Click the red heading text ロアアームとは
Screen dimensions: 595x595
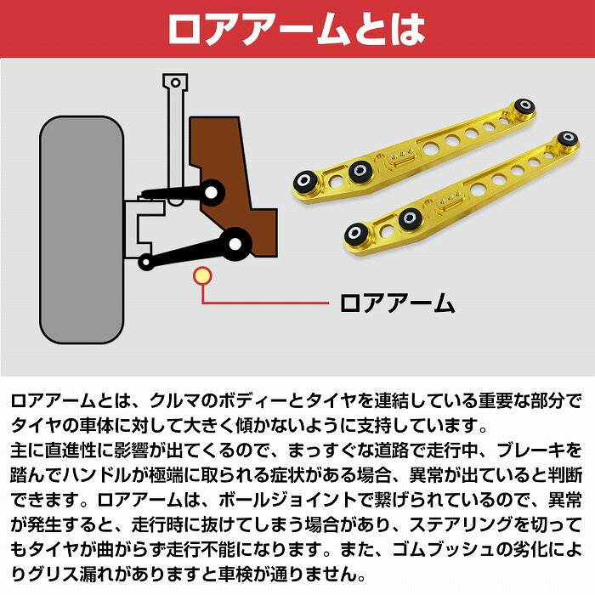297,30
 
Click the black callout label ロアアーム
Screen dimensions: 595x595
397,303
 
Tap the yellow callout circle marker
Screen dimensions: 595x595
202,276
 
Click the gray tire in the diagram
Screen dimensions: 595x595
82,229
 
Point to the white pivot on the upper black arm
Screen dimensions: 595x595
211,193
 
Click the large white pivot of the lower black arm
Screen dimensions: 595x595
235,244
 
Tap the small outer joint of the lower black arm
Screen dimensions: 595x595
145,262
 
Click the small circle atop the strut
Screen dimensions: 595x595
175,82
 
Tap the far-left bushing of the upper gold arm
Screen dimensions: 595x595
304,181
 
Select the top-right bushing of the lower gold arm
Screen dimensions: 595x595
567,138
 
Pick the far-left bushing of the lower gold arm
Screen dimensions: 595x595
356,233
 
